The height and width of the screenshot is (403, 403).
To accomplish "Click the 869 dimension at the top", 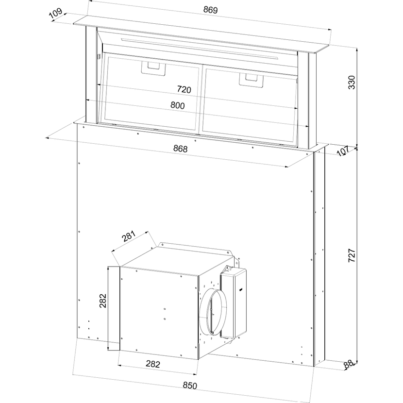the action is coord(211,10).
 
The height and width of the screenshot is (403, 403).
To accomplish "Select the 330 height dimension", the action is coord(352,82).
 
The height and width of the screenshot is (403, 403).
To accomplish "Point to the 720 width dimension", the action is coord(184,89).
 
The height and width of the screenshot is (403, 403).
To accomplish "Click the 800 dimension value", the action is coord(178,105).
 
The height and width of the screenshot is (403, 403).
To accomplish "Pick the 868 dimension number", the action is coord(181,149).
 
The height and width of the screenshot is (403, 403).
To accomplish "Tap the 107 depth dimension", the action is coord(343,151).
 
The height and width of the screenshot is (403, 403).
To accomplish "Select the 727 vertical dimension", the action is coord(352,255).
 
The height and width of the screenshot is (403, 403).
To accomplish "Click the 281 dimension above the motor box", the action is coord(129,236).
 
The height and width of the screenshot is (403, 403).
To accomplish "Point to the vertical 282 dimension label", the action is coord(102,301).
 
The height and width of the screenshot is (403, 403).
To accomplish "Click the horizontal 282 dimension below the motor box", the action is coord(153,364).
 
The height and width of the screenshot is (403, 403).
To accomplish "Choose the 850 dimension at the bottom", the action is coord(190,386).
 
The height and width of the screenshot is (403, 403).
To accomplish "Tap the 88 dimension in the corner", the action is coord(349,364).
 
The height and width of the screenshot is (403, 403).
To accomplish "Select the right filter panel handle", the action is coord(251,80).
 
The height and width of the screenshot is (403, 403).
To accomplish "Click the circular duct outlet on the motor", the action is coord(213,312).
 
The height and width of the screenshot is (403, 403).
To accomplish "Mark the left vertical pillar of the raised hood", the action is coord(91,75).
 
